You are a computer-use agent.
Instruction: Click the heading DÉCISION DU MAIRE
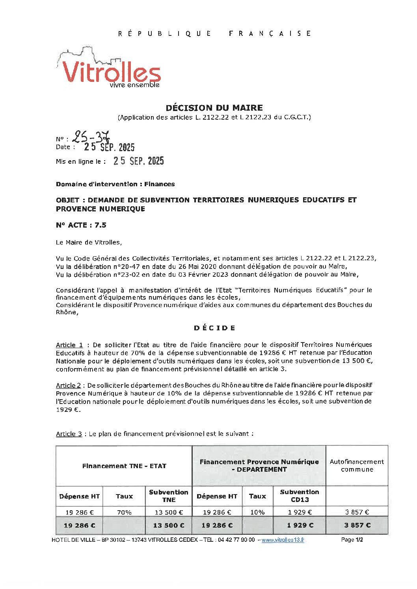(214, 108)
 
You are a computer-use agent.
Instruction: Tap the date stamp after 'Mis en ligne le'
(138, 161)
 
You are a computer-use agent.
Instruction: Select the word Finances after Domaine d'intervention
(159, 184)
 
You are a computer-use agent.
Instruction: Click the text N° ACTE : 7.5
(81, 225)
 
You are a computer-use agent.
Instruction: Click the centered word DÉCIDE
(214, 328)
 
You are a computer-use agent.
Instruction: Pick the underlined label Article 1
(69, 345)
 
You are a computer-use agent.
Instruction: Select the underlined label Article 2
(68, 385)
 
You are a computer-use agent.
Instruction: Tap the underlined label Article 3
(69, 434)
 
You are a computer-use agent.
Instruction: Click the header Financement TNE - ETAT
(124, 466)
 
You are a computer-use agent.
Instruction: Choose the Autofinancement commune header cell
(357, 465)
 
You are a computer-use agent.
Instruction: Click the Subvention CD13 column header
(300, 496)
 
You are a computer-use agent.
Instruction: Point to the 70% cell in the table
(124, 512)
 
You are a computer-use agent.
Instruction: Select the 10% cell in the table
(257, 512)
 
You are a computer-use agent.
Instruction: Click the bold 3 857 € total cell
(357, 525)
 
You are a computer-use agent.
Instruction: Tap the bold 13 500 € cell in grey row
(169, 525)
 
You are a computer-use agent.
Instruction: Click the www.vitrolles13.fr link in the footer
(283, 540)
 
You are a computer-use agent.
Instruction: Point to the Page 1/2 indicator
(352, 540)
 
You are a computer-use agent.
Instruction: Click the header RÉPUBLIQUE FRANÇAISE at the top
(214, 33)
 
